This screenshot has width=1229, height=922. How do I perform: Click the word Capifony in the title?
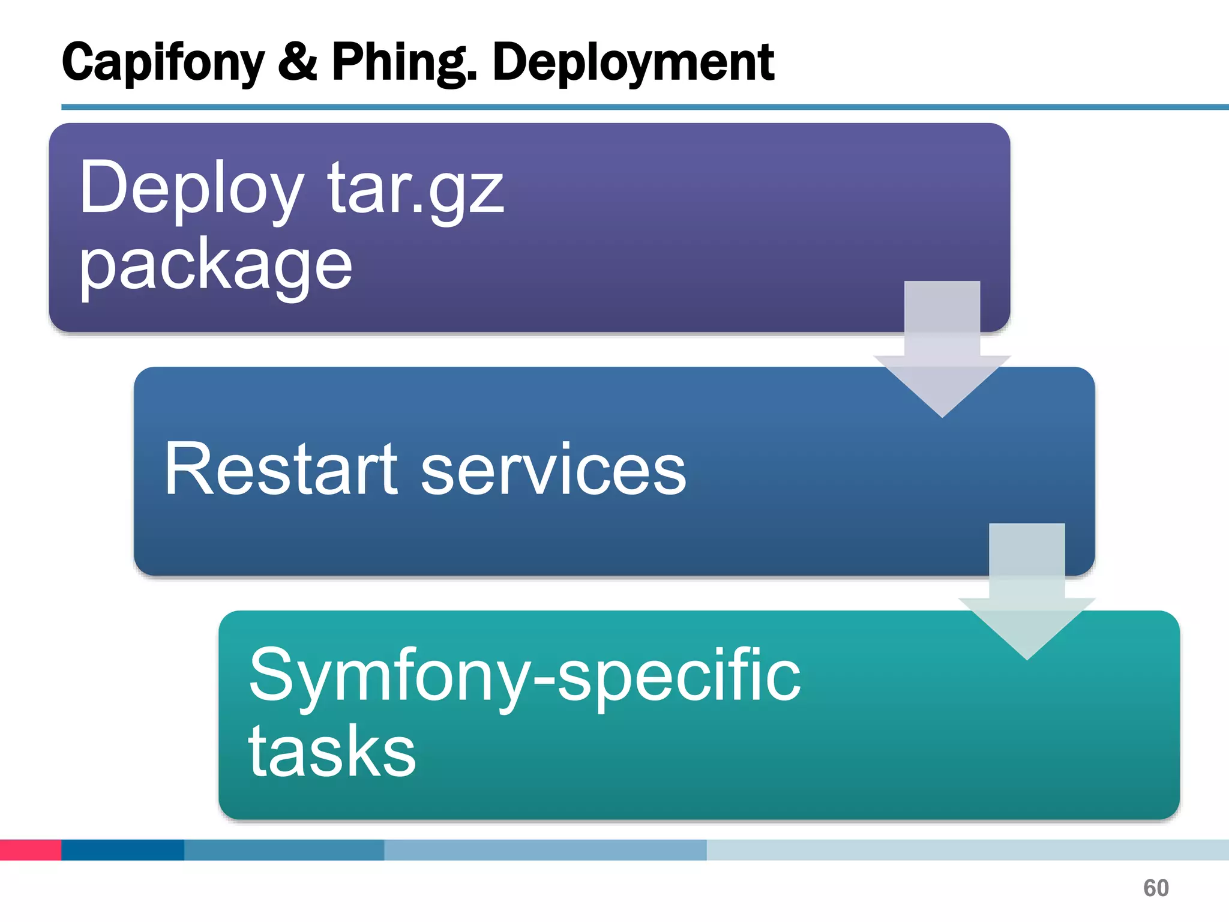tap(162, 63)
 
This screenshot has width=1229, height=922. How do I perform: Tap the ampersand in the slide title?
tap(298, 62)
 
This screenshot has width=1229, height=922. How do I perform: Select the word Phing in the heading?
tap(404, 63)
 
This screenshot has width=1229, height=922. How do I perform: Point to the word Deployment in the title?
tap(633, 63)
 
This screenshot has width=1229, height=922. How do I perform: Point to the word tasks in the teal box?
tap(332, 752)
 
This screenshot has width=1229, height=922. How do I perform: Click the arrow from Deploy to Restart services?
tap(942, 348)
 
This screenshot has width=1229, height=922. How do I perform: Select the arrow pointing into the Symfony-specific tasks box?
tap(1027, 591)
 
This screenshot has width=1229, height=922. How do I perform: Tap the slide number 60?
tap(1156, 888)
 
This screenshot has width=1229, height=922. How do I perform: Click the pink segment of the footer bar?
tap(31, 850)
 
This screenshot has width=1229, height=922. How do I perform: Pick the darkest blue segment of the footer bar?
tap(122, 850)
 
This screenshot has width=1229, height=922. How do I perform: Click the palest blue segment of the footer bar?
tap(967, 850)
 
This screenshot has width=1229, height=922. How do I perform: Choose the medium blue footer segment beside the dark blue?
tap(284, 850)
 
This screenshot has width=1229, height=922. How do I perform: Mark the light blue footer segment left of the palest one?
tap(545, 850)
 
